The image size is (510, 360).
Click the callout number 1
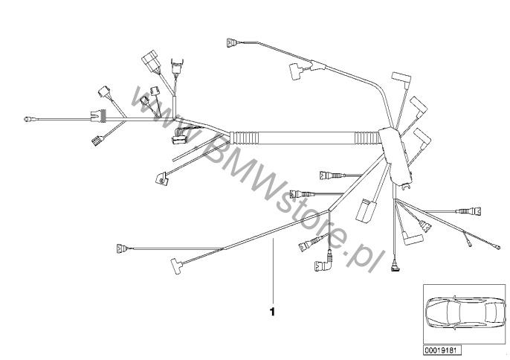pyautogui.click(x=272, y=312)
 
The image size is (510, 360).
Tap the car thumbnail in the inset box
pyautogui.click(x=465, y=312)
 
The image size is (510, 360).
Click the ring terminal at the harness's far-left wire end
pyautogui.click(x=28, y=120)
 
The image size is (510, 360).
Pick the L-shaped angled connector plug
pyautogui.click(x=323, y=263)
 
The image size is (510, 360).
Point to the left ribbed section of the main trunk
pyautogui.click(x=244, y=138)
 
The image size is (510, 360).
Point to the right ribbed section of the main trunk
pyautogui.click(x=367, y=138)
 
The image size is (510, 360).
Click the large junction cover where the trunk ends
pyautogui.click(x=396, y=156)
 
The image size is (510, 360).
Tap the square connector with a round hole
pyautogui.click(x=161, y=179)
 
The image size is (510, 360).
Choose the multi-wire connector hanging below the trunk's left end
pyautogui.click(x=179, y=136)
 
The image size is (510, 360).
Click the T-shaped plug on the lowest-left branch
pyautogui.click(x=177, y=265)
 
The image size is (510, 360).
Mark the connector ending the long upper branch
pyautogui.click(x=232, y=42)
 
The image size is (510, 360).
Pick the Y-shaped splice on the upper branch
pyautogui.click(x=317, y=65)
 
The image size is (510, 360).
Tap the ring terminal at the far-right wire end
pyautogui.click(x=497, y=247)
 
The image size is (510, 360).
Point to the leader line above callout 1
pyautogui.click(x=274, y=271)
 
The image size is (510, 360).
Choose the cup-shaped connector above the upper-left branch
pyautogui.click(x=177, y=67)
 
